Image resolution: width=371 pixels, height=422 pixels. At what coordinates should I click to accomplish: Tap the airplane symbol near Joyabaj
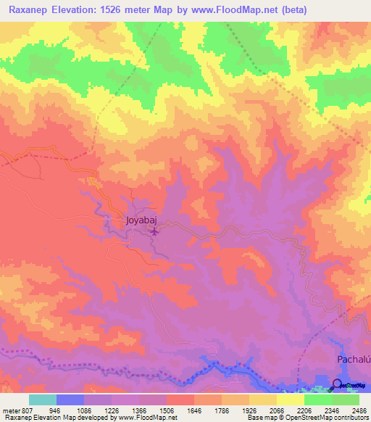click(x=155, y=232)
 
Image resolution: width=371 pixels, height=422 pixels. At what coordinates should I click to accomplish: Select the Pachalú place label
click(x=354, y=360)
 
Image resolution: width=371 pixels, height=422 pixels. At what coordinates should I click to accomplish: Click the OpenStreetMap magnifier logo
click(x=338, y=384)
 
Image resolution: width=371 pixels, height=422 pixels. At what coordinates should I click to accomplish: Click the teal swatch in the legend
click(x=43, y=400)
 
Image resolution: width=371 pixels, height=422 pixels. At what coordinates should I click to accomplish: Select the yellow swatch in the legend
click(x=290, y=400)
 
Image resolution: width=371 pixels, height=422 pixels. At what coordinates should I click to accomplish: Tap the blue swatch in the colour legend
click(x=70, y=400)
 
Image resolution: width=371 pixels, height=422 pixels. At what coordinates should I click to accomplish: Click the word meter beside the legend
click(x=10, y=410)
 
